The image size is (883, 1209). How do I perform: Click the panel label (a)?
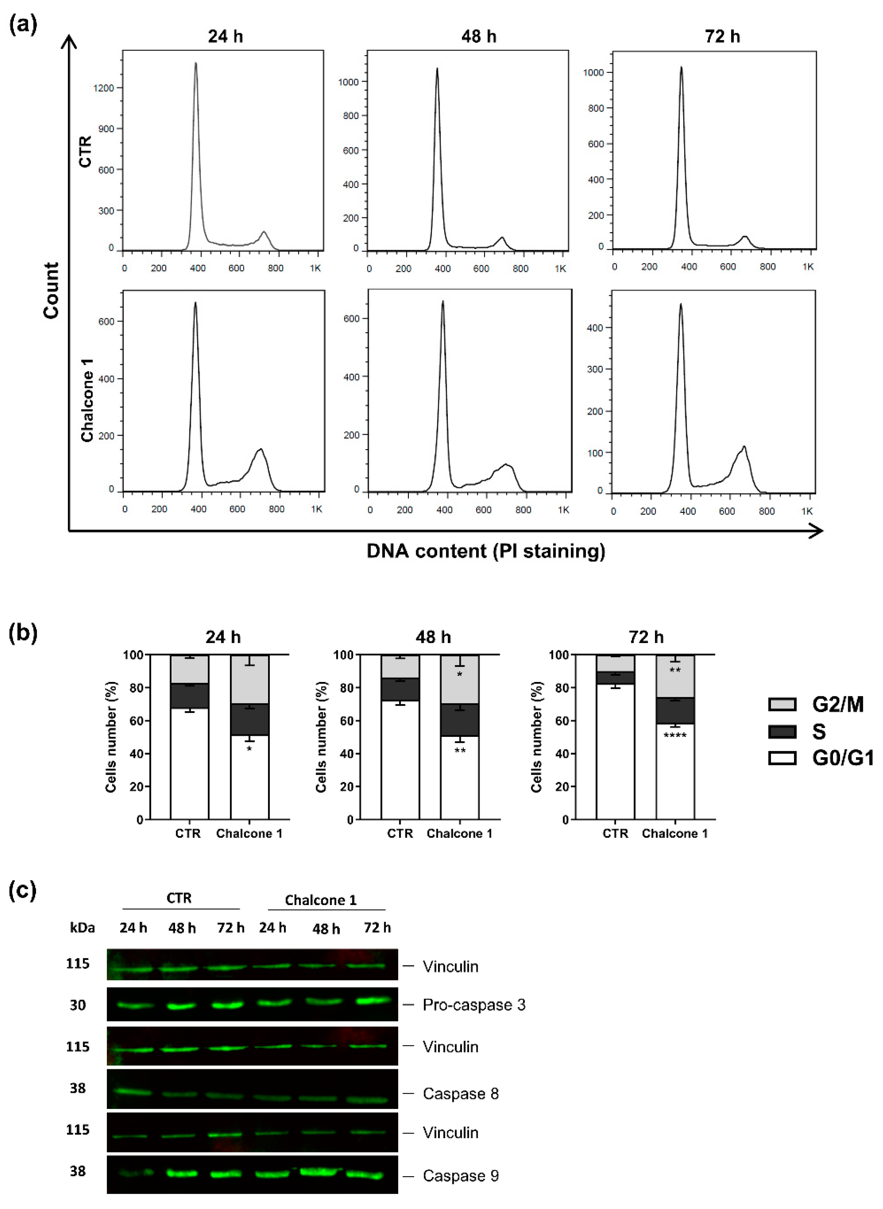23,25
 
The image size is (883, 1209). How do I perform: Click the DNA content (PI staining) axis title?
485,550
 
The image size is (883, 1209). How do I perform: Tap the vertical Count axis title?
51,290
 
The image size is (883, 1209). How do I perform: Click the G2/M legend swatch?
782,704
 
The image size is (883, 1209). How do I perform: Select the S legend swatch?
782,731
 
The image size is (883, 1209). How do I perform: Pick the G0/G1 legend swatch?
782,758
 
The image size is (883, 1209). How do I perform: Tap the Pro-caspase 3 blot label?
473,1005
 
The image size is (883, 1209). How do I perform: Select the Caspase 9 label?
460,1176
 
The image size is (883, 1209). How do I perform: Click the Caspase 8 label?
460,1093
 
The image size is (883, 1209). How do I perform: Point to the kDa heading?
82,928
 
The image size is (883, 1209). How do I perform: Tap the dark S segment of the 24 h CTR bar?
190,697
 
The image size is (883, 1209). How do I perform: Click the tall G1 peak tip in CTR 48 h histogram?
437,69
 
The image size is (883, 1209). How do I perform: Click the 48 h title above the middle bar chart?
433,637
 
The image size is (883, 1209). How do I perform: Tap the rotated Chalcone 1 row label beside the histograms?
87,400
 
